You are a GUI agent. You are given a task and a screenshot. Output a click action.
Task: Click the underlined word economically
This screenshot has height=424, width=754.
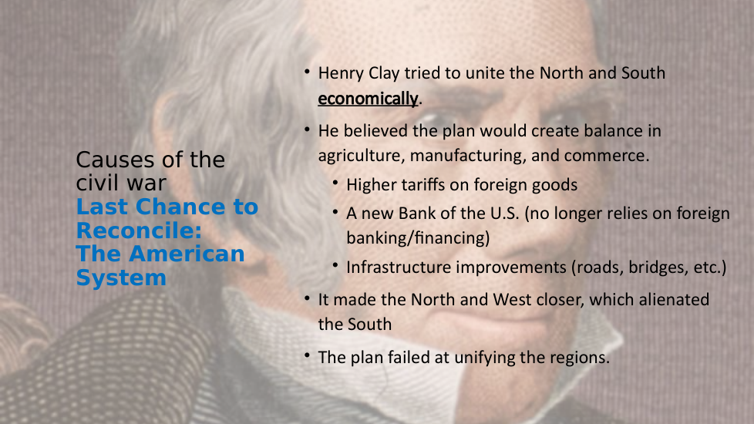pyautogui.click(x=368, y=99)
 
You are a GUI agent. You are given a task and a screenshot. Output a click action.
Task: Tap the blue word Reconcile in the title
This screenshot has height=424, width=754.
pyautogui.click(x=139, y=231)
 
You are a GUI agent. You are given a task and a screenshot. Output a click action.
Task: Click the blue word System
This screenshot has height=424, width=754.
pyautogui.click(x=121, y=278)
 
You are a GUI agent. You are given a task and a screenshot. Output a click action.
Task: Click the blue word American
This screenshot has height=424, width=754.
pyautogui.click(x=187, y=254)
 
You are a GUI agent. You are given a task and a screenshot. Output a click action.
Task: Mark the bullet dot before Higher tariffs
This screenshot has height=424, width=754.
pyautogui.click(x=335, y=183)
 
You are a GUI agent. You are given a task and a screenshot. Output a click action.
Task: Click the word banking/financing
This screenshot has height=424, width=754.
pyautogui.click(x=418, y=238)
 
